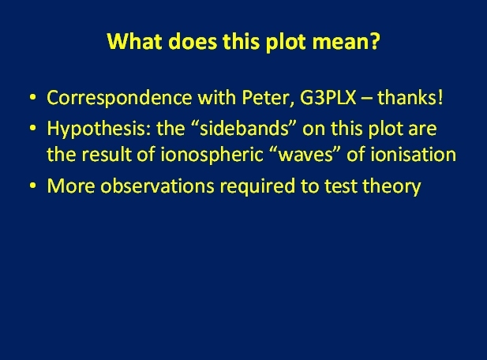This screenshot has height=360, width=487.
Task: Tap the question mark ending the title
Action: tap(375, 40)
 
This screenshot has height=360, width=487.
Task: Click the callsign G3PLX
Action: tap(328, 97)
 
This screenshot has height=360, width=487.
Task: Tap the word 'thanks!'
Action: tap(410, 97)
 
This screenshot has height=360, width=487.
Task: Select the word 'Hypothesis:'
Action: tap(99, 129)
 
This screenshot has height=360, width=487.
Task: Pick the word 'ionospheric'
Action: tap(212, 155)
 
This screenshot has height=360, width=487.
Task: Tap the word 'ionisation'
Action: tap(413, 154)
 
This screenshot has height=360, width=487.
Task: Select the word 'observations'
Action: tap(158, 186)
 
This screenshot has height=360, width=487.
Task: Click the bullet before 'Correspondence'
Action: tap(32, 98)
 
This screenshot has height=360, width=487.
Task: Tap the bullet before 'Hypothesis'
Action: tap(32, 128)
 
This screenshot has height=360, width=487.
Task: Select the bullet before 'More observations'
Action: tap(32, 186)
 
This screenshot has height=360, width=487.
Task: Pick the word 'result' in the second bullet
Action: tap(107, 154)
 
